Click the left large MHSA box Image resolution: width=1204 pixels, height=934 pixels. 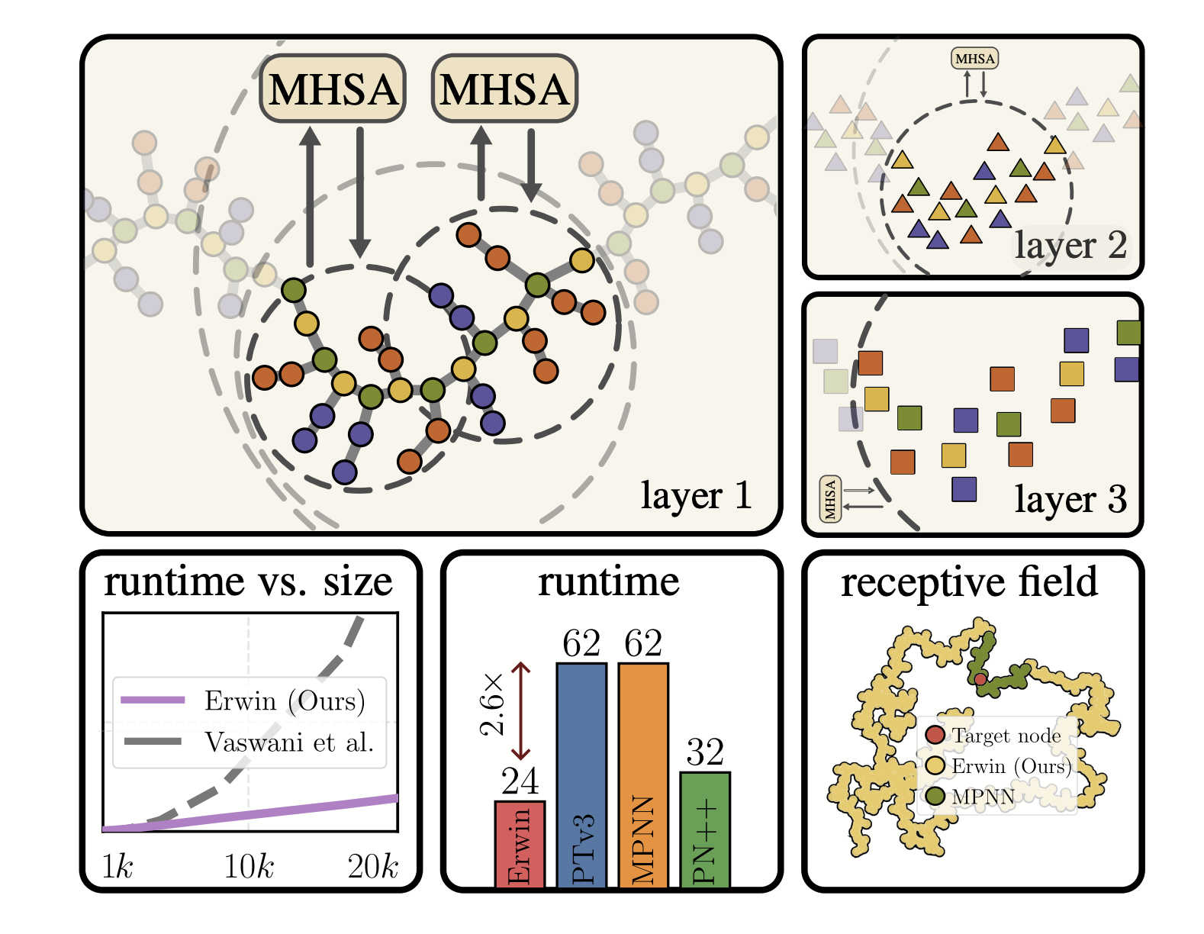coord(333,89)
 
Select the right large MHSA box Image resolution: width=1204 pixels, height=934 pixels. coord(504,89)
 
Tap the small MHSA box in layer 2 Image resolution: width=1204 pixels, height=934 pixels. coord(974,59)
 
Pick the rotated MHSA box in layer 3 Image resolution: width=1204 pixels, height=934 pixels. coord(830,499)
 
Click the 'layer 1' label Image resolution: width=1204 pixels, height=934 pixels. coord(696,496)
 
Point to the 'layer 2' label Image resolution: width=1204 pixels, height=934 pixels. coord(1070,246)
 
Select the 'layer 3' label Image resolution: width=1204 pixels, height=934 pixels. coord(1070,500)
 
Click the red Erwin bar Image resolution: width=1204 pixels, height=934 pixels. coord(520,844)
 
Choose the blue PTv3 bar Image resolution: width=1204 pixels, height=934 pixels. coord(581,775)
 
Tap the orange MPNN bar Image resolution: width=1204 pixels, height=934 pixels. coord(643,775)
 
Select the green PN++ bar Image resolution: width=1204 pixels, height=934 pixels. coord(704,829)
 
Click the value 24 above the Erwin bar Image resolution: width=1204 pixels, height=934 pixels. coord(520,781)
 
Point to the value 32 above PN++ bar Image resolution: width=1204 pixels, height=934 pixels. coord(704,752)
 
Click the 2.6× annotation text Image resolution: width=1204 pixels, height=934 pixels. coord(492,704)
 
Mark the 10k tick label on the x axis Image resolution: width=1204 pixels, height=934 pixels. coord(249,867)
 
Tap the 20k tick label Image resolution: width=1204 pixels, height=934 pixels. coord(372,867)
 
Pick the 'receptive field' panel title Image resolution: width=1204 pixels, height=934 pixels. coord(969,581)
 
